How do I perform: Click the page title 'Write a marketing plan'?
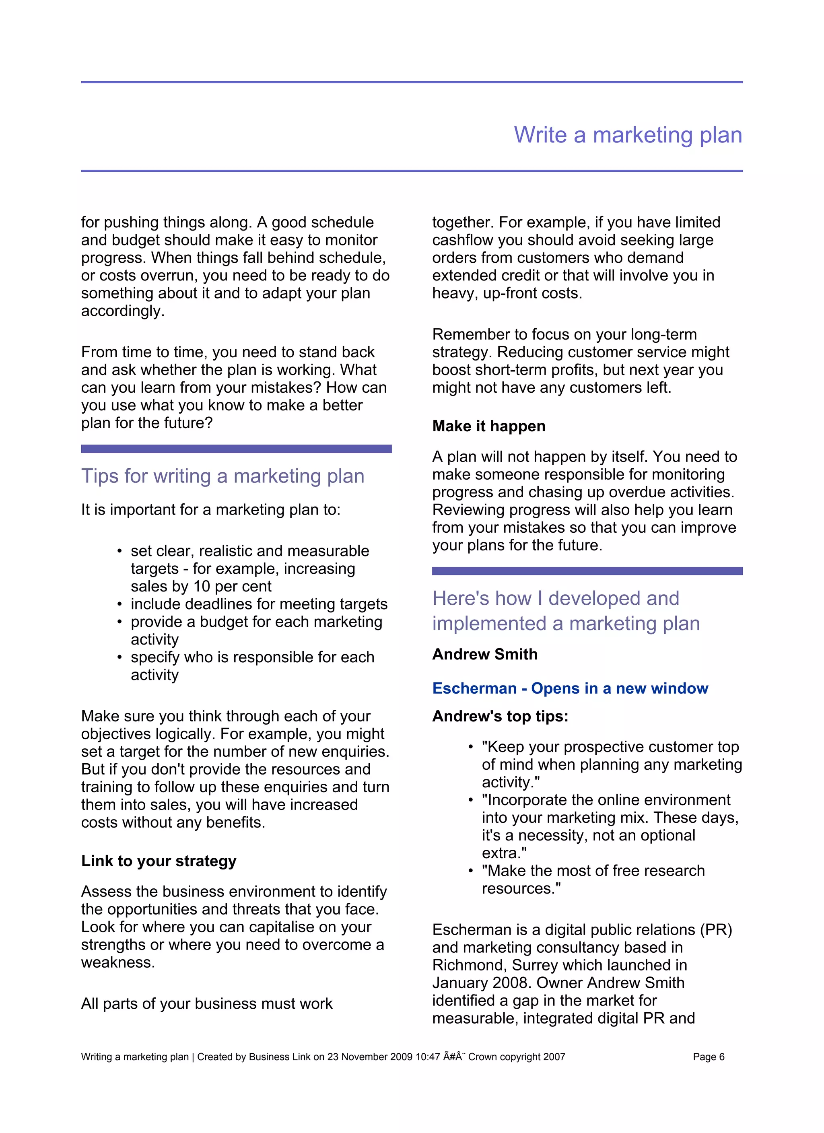pos(628,135)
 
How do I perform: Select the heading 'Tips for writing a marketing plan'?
pos(222,476)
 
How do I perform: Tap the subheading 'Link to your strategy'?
pos(159,861)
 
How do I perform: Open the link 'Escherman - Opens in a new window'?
pos(570,688)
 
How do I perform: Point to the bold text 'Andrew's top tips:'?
pos(500,716)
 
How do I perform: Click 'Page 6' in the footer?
pos(708,1057)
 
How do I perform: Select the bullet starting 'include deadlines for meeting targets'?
pos(258,604)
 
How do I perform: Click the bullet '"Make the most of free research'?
pos(593,871)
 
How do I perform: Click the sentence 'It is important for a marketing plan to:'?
pos(210,509)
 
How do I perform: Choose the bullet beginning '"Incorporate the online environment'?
pos(605,800)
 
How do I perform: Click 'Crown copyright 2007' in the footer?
pos(516,1057)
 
